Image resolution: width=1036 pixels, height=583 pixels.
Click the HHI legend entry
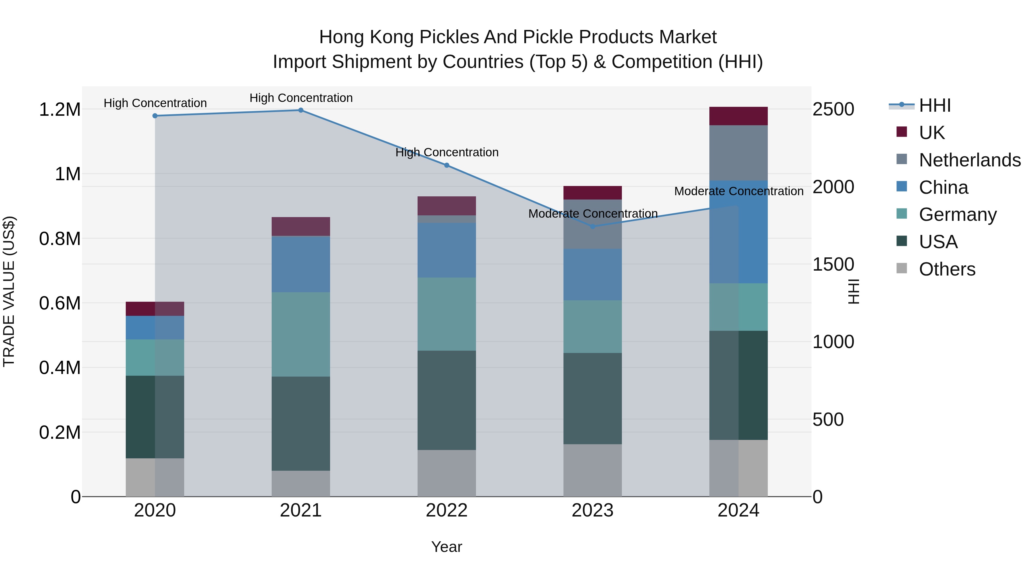[934, 105]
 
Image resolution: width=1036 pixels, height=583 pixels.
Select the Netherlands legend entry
[969, 160]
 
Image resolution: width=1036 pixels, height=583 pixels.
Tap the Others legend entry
[947, 269]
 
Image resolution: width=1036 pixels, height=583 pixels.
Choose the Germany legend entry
[957, 214]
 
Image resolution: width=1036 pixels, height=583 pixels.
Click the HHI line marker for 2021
[301, 110]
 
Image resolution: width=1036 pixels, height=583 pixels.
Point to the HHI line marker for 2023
[593, 227]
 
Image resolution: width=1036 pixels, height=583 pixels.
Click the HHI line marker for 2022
[446, 165]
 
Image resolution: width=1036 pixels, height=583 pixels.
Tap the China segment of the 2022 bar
[446, 250]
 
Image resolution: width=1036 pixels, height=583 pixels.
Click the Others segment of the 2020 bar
[155, 477]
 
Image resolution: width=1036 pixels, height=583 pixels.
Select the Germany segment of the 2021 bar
[301, 334]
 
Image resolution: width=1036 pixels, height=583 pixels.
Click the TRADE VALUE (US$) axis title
[9, 291]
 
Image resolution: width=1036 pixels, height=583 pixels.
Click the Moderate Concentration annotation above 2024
[738, 191]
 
